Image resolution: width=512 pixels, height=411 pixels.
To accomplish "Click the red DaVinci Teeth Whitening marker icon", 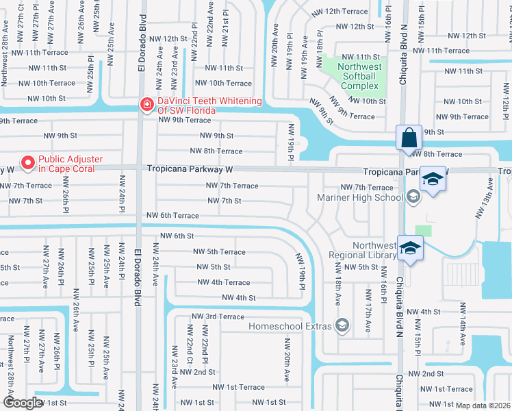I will [x=146, y=105].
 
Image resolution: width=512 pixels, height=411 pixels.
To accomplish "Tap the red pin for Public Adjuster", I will [x=28, y=162].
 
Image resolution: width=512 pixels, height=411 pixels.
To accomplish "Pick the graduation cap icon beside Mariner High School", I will [x=433, y=180].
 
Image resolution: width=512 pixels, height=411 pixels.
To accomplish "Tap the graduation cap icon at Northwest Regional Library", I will [x=410, y=248].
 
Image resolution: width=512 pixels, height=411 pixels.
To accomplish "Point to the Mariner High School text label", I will [x=360, y=197].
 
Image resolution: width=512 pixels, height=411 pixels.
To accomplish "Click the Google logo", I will [x=23, y=402].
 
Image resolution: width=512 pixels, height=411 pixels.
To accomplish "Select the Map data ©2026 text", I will [x=483, y=406].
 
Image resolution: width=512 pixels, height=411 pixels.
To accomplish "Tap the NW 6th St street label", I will [x=177, y=236].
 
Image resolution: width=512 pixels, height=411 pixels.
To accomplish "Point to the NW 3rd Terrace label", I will [x=218, y=316].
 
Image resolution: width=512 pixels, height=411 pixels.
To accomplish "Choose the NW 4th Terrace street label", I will [x=224, y=282].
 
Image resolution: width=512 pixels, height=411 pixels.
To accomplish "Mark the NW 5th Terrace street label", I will [x=219, y=252].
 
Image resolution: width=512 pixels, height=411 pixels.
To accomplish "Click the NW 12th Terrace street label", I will [x=339, y=12].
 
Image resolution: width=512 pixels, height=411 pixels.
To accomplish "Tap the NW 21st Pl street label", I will [x=226, y=28].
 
